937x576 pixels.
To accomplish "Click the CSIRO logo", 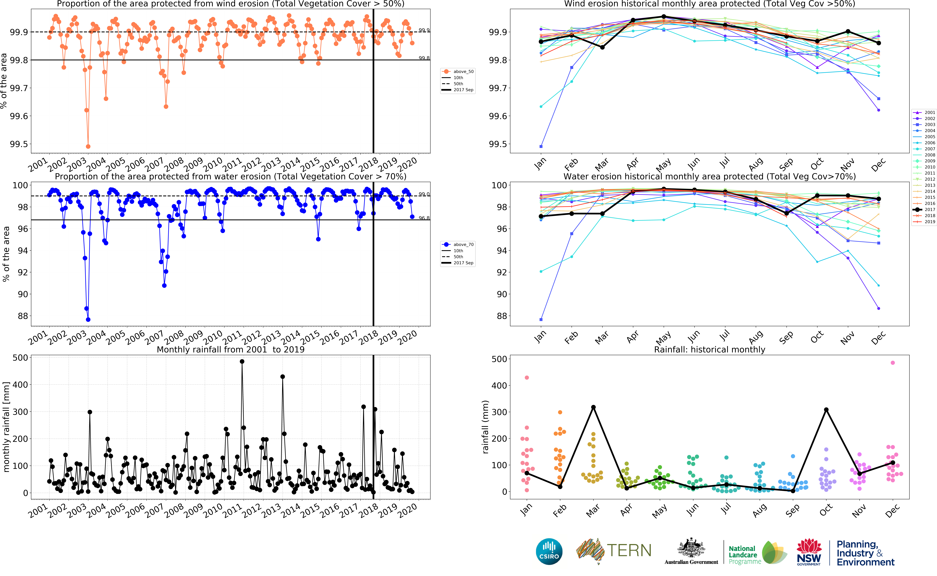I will click(x=549, y=551).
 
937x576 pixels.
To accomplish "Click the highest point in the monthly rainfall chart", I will click(x=242, y=362).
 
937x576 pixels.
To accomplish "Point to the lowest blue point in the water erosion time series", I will click(x=88, y=320).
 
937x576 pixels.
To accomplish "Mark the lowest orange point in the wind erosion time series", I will click(x=88, y=146).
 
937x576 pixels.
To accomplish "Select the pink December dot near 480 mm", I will click(x=893, y=363).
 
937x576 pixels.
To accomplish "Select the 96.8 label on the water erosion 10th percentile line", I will click(x=424, y=218).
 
